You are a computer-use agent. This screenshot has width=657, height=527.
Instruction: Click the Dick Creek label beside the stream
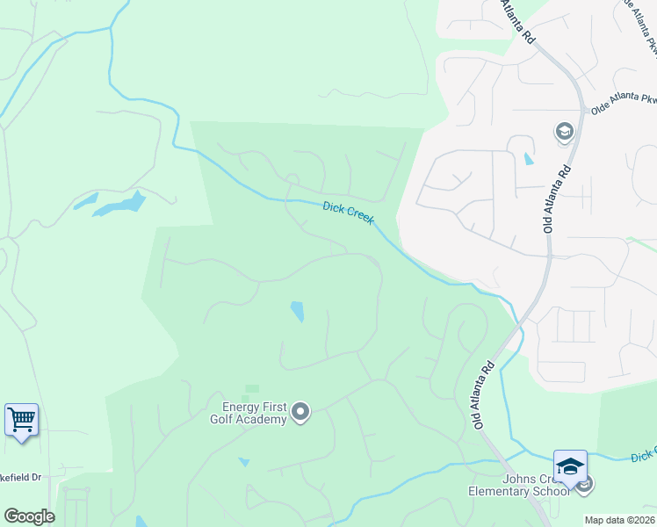pos(349,214)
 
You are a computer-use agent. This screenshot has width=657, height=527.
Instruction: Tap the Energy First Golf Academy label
pos(254,412)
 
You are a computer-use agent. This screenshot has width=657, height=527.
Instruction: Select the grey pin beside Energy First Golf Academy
pos(300,411)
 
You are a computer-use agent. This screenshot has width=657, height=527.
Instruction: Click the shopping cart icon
pos(21,419)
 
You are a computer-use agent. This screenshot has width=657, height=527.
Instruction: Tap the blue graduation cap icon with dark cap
pos(569,466)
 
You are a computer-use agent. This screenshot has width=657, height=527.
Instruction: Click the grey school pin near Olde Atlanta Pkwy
pos(564,133)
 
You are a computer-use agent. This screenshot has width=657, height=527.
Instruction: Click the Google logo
pos(29,516)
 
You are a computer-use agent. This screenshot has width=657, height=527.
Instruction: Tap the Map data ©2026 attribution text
pos(620,520)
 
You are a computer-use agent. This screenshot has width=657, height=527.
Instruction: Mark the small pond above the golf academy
pos(297,311)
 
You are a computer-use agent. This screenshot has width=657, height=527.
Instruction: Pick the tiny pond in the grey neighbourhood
pos(527,159)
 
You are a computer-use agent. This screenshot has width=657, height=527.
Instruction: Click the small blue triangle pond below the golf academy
pos(243,461)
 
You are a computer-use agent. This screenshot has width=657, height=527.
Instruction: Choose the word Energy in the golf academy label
pos(240,406)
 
